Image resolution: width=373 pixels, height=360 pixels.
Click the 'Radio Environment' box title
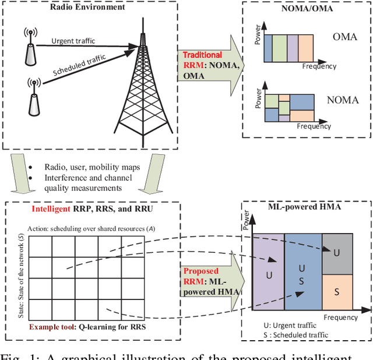point(87,8)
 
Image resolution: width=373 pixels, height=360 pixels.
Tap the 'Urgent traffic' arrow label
point(73,40)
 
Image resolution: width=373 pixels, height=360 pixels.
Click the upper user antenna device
point(29,46)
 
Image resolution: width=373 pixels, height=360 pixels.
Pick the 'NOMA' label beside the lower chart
point(343,100)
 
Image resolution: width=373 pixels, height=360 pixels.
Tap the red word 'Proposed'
point(201,271)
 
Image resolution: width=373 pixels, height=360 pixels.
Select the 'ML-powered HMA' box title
point(303,207)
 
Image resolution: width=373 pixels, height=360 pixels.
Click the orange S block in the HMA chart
point(337,291)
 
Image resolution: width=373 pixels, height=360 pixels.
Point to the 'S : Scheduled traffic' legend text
point(297,334)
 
